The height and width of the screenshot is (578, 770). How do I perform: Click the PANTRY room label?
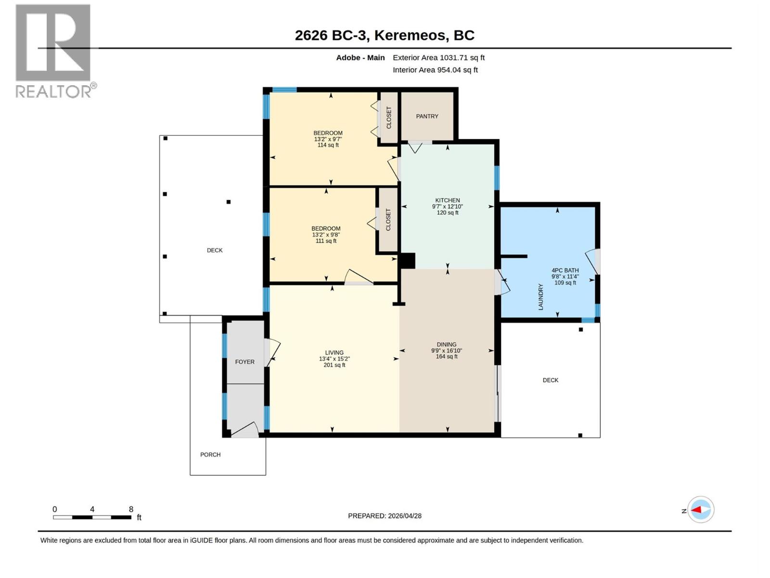tap(427, 116)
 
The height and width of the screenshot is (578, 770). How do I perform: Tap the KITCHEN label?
tap(447, 200)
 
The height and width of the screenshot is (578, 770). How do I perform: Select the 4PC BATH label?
tap(565, 270)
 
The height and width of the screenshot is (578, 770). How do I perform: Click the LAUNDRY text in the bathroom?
tap(540, 297)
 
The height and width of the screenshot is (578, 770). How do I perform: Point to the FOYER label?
tap(244, 362)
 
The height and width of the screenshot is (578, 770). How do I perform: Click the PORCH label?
tap(210, 455)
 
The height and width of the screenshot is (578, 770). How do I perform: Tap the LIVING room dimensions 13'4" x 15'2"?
tap(334, 359)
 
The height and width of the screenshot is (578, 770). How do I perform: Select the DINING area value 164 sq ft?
tap(447, 356)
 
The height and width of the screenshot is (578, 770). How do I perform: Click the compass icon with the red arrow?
tap(701, 510)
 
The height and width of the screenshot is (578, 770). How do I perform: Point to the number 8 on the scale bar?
tap(131, 509)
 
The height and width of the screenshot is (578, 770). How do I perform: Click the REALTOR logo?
tap(55, 51)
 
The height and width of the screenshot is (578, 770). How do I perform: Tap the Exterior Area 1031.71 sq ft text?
tap(438, 57)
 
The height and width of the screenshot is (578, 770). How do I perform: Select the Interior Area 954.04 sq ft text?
tap(435, 70)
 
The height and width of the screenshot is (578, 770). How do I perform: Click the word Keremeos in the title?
tap(411, 36)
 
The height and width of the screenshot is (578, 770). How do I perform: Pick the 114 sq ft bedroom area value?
tap(328, 145)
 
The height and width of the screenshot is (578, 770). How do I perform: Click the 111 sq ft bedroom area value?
tap(326, 241)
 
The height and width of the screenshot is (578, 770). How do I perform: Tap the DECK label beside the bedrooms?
tap(214, 250)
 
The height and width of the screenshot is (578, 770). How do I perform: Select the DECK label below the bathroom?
tap(550, 380)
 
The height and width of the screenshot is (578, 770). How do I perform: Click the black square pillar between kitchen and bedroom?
tap(407, 261)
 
